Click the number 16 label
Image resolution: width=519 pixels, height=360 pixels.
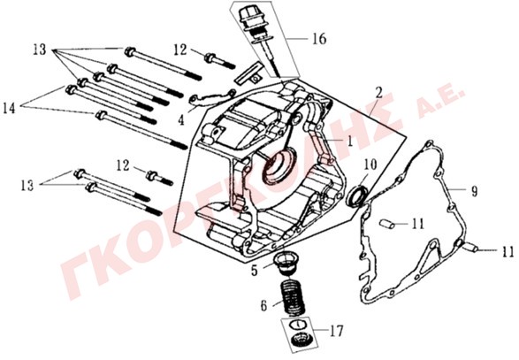(319, 39)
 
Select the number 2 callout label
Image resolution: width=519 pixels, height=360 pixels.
(378, 93)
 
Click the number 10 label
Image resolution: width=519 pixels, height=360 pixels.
(370, 165)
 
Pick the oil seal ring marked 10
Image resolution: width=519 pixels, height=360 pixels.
(357, 196)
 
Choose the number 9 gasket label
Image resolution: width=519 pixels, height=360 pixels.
(474, 191)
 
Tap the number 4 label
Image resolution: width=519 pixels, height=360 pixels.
(181, 120)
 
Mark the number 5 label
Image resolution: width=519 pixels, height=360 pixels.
(255, 270)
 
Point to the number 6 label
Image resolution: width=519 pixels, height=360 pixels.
(263, 306)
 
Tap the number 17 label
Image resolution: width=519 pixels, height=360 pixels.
(336, 331)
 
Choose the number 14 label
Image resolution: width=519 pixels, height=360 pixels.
(9, 108)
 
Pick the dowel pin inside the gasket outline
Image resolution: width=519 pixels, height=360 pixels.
(387, 224)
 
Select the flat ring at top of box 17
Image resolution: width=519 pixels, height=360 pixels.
(297, 325)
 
